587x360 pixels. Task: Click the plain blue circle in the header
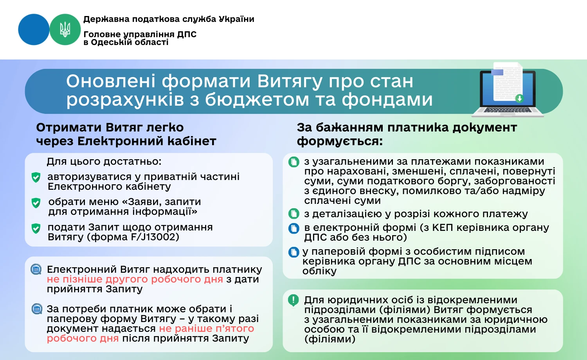click(34, 29)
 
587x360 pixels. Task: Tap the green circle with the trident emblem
click(65, 29)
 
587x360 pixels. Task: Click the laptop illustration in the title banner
click(508, 92)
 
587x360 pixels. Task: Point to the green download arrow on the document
click(519, 98)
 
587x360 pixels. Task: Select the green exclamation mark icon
click(293, 300)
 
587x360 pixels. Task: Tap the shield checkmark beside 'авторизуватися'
click(36, 178)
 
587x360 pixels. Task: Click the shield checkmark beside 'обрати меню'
click(36, 203)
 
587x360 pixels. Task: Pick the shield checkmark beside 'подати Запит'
click(36, 228)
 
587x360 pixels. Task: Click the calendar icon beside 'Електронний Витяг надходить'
click(36, 269)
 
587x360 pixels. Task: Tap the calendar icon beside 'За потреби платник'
click(37, 309)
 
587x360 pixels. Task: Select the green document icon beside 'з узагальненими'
click(293, 162)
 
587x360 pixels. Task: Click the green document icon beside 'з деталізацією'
click(293, 214)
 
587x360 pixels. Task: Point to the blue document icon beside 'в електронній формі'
click(293, 228)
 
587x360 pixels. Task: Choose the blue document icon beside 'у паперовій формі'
click(293, 252)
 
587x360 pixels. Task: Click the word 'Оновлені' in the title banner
click(111, 81)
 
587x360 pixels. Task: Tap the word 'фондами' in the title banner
click(387, 99)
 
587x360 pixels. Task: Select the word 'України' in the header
click(236, 19)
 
